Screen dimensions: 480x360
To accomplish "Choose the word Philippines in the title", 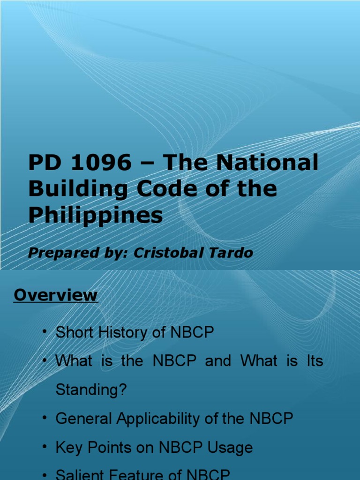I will click(96, 216).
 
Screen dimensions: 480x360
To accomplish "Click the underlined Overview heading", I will click(56, 295).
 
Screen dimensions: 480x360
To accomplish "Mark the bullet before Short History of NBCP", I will click(45, 332).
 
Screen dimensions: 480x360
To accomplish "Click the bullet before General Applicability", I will click(45, 418).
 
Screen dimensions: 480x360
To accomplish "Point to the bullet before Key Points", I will click(45, 447).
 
